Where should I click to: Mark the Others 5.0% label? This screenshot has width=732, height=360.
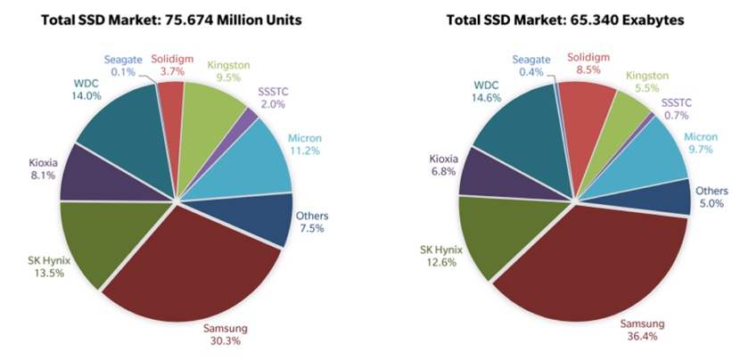pos(710,197)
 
